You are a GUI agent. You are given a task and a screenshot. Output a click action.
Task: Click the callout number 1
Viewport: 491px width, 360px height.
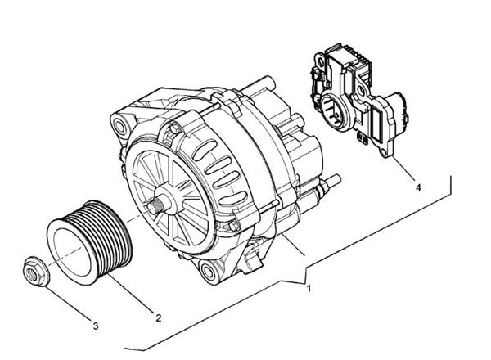(309, 289)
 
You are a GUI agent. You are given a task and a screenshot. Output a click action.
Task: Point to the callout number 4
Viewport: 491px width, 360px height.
(418, 187)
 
